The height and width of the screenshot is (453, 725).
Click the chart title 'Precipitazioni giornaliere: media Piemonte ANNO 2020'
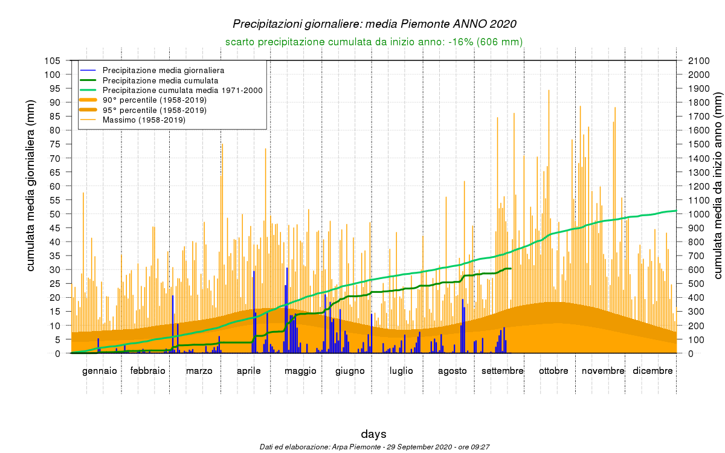pos(375,24)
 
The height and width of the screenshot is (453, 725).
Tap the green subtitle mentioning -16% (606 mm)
pos(374,42)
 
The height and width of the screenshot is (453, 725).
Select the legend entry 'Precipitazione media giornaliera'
pos(164,70)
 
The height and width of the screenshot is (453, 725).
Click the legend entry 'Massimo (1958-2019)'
pos(144,120)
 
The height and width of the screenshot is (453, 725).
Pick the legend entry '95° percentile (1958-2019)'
pos(155,110)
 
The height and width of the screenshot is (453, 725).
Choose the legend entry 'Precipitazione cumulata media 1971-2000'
pos(182,90)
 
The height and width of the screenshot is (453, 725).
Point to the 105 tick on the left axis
pos(53,61)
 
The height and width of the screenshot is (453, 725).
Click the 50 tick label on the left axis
pos(55,214)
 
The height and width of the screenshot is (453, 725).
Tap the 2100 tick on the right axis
pos(699,61)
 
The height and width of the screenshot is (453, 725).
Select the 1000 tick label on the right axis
pos(699,214)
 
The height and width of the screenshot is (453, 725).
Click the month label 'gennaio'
pos(100,371)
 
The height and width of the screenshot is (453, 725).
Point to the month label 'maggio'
pos(300,371)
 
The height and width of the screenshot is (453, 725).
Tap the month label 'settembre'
pos(503,371)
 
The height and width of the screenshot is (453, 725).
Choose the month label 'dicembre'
pos(653,371)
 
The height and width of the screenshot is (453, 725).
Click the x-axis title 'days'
pos(374,434)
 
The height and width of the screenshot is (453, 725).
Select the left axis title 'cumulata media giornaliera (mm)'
pos(30,186)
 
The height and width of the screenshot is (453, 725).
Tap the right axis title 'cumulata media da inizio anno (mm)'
pos(718,186)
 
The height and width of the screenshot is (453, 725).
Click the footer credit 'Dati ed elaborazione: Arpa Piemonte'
pos(320,447)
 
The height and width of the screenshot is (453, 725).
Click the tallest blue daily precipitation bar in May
pos(287,310)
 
